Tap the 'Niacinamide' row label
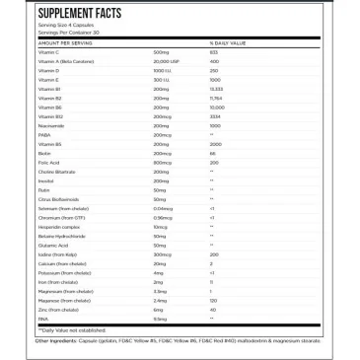[55, 126]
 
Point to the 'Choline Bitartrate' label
[60, 172]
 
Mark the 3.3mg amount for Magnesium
[161, 292]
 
